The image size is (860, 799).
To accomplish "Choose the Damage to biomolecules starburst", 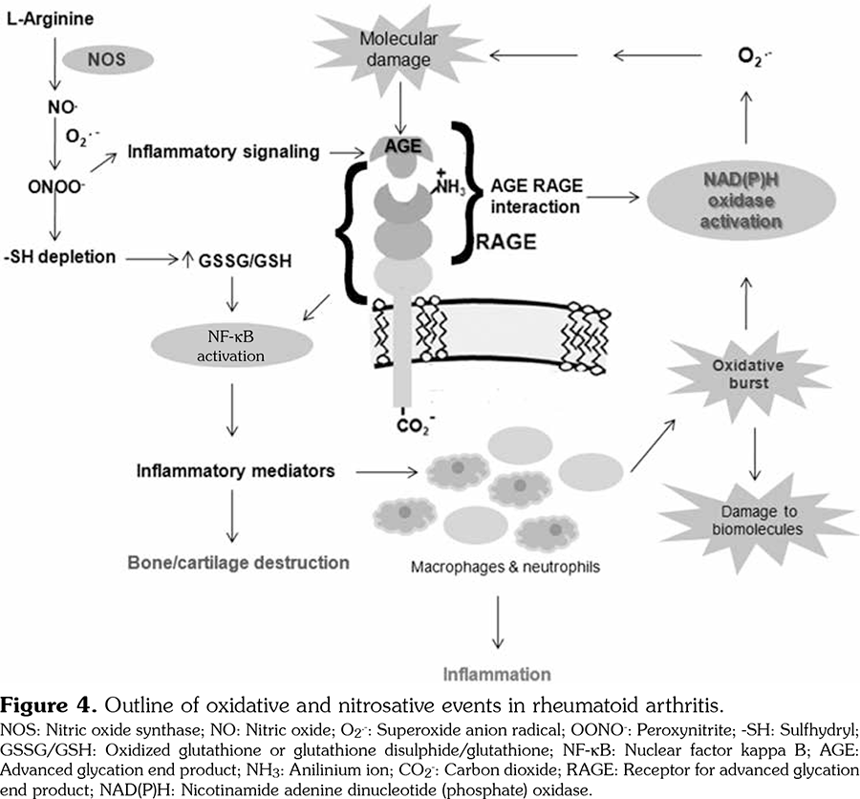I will click(755, 517).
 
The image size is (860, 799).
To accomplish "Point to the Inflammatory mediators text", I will click(235, 471).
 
